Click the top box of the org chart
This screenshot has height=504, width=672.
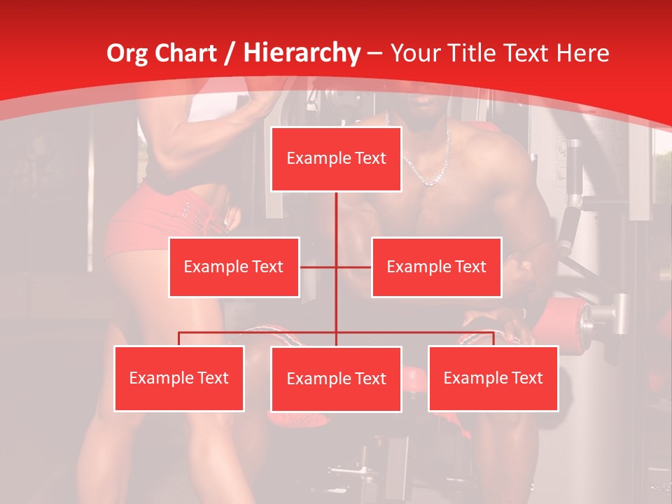coord(336,159)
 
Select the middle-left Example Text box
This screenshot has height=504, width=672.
coord(234,267)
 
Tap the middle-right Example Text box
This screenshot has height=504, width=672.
coord(436,267)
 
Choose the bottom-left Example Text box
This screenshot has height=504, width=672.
coord(178,378)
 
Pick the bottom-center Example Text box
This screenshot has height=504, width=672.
coord(336,379)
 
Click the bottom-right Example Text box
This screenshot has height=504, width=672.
coord(493,378)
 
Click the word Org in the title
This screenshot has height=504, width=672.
coord(127,53)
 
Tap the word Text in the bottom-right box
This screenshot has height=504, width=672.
coord(526,378)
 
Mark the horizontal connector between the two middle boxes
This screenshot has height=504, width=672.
coord(335,267)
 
